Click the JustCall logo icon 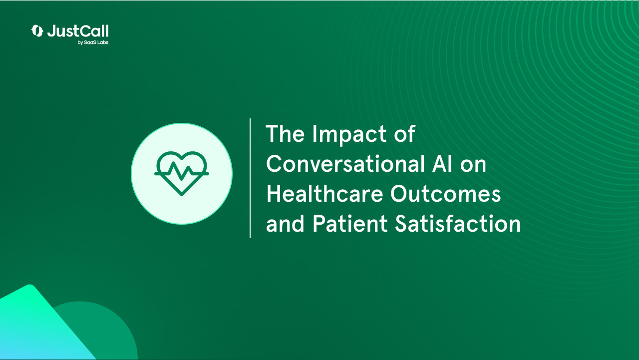point(37,31)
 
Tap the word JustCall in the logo point(78,31)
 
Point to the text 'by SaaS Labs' point(93,42)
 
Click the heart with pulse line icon point(182,173)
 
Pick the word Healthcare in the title point(324,194)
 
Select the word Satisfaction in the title point(458,224)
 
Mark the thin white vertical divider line point(250,178)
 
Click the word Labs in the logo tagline point(103,42)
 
